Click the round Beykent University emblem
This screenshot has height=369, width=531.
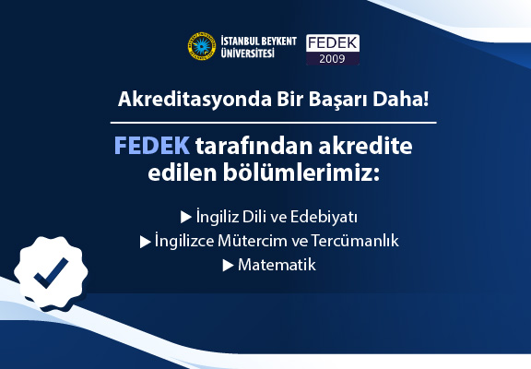[202, 46]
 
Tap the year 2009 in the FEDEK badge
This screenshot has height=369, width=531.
[332, 59]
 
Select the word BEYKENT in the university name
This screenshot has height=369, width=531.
[277, 42]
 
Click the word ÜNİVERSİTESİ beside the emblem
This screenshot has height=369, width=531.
[248, 53]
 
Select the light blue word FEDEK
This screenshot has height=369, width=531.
[152, 146]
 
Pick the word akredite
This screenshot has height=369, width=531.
[365, 146]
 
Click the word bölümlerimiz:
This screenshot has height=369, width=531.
[301, 173]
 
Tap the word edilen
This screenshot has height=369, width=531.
[183, 173]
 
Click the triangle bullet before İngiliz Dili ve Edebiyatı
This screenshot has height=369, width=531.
[186, 217]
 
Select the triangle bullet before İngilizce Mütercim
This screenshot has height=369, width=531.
[146, 242]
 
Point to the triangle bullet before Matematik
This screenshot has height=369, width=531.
[228, 266]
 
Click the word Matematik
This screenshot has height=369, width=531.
[277, 265]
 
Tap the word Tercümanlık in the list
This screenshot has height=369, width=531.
[355, 241]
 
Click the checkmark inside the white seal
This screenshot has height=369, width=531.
[51, 273]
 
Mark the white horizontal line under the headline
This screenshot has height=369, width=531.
[273, 123]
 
